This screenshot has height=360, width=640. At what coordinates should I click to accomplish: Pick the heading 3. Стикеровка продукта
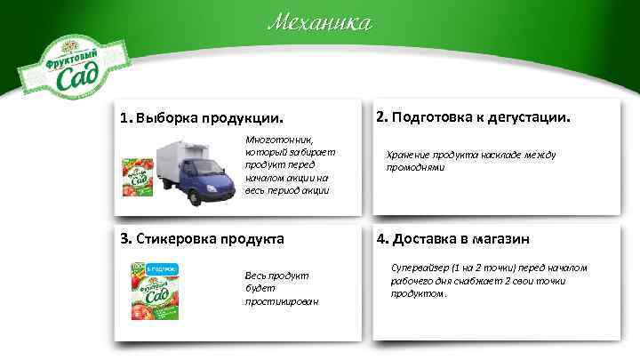[203, 238]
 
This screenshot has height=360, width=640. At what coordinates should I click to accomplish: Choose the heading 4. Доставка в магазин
[453, 238]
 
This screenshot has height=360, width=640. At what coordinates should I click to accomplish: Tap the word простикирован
[282, 301]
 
